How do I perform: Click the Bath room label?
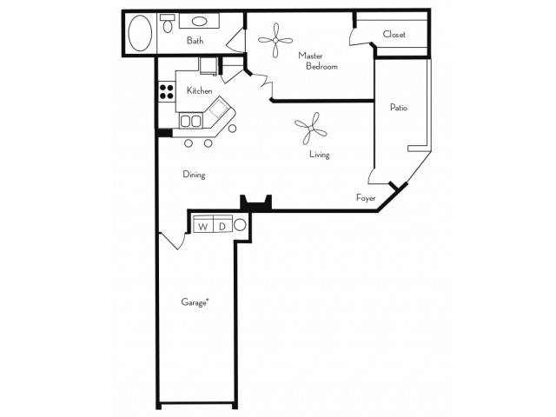coord(195,41)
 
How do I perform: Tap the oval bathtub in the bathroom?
coord(140,33)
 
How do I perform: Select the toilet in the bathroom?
coord(168,23)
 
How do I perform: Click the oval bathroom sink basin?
coord(200,21)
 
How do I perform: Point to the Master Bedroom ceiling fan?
coord(275,40)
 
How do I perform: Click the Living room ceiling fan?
coord(311,129)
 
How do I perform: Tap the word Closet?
coord(394,35)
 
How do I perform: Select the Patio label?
coord(399,108)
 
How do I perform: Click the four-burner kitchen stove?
coord(166,91)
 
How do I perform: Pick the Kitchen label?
coord(199,90)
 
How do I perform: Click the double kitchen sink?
coord(191,121)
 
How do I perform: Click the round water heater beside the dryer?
coord(240,225)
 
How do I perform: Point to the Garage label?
coord(195,302)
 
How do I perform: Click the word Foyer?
coord(366,197)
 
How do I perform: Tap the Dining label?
coord(194,175)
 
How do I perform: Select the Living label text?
coord(320,155)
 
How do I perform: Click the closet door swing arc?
coord(360,37)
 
